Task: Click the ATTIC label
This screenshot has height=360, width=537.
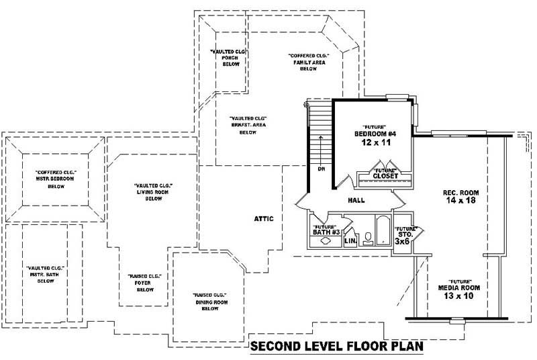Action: tap(264, 218)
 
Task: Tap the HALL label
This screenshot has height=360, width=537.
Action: tap(356, 200)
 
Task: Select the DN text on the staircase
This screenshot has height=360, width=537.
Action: tap(322, 169)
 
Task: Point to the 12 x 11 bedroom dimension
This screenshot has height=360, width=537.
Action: tap(376, 142)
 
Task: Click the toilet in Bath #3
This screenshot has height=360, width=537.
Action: tap(368, 238)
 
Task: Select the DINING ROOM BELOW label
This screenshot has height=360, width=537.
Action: tap(210, 302)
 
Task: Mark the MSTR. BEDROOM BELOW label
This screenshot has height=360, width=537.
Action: tap(55, 179)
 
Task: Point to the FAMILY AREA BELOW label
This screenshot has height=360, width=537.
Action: tap(308, 62)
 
